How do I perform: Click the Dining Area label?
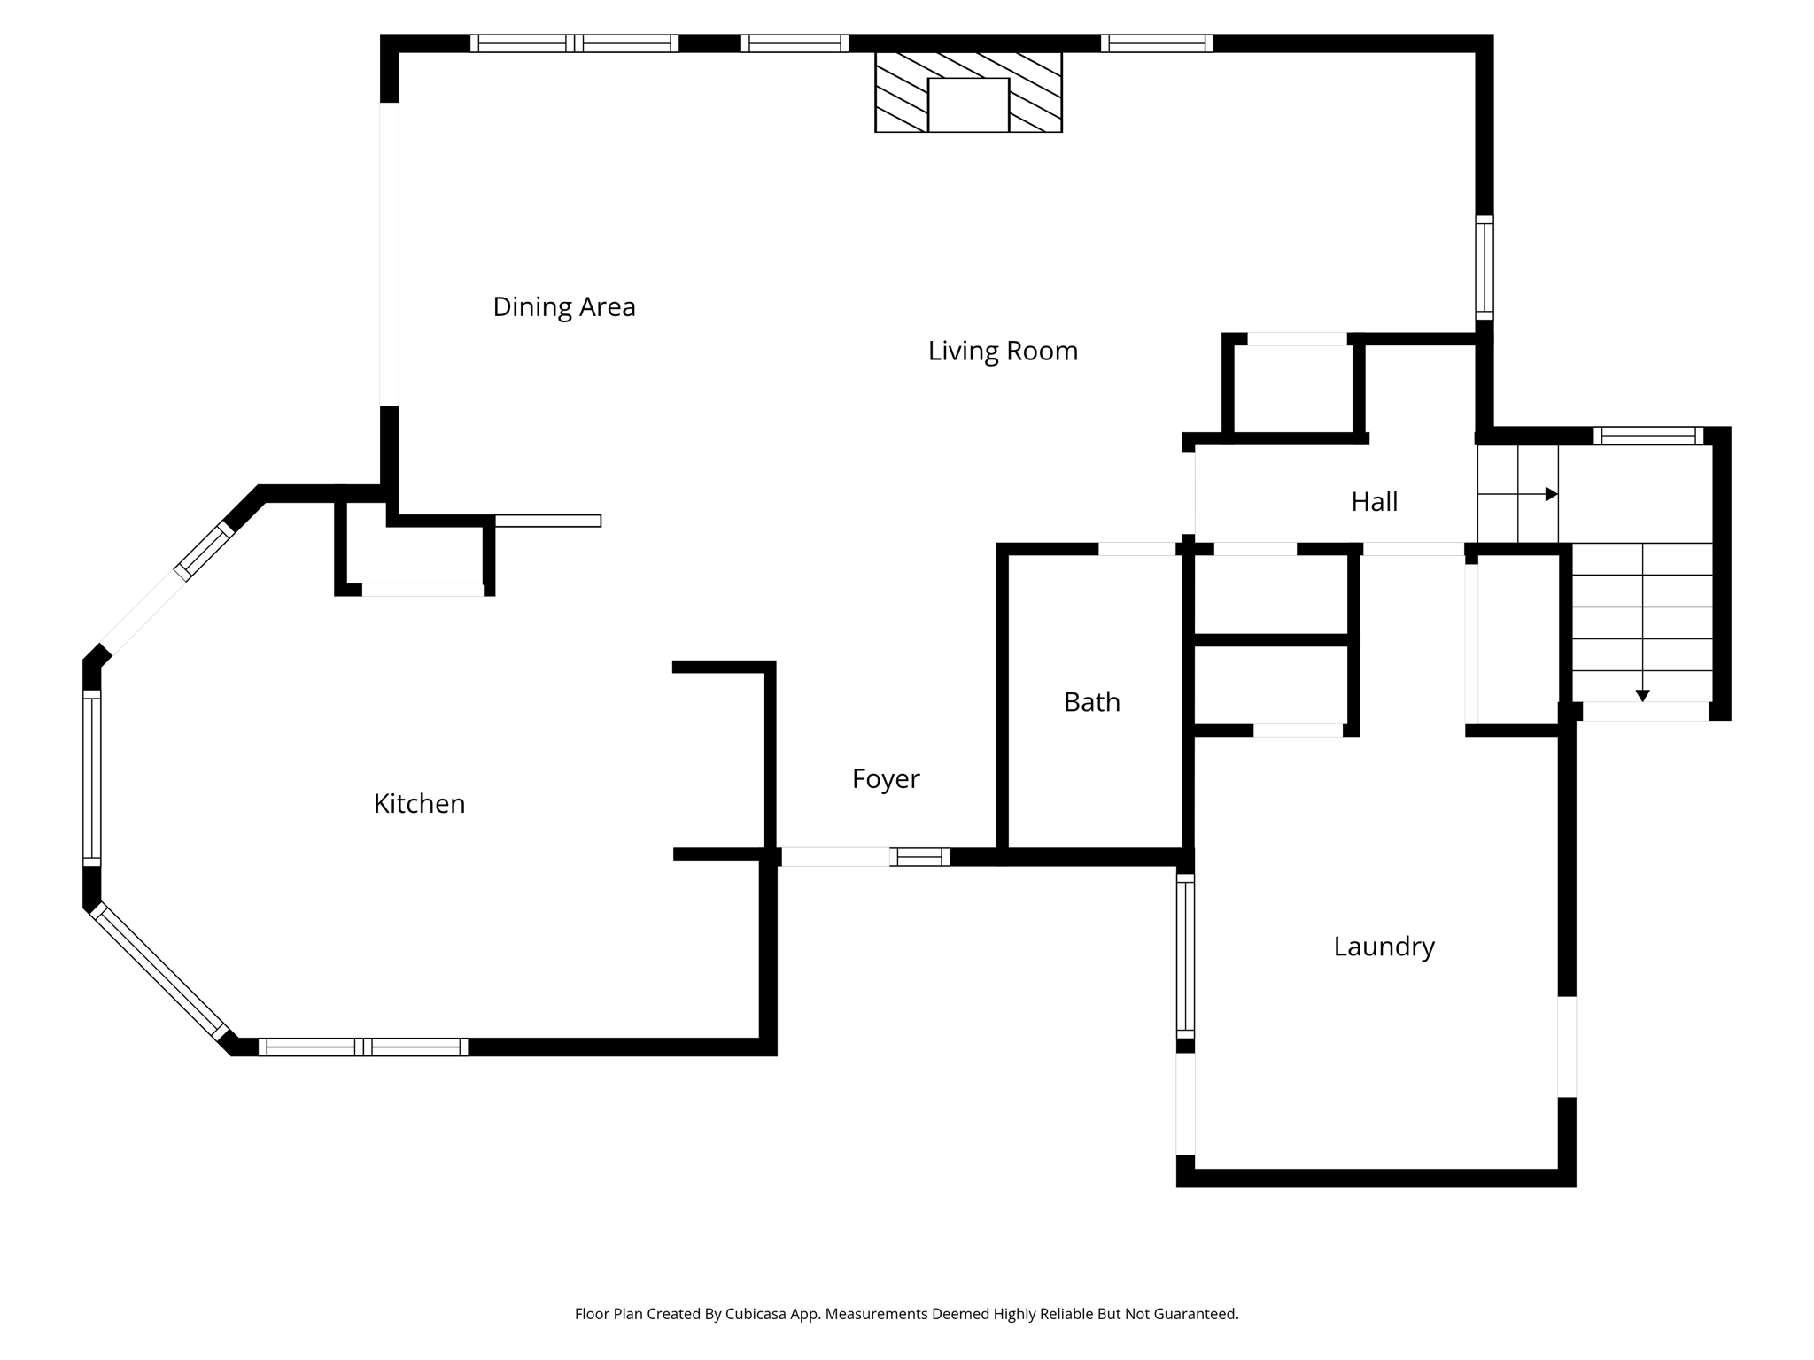(563, 307)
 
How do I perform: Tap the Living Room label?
(1002, 352)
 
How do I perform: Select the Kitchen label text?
(419, 804)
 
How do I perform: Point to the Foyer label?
(885, 779)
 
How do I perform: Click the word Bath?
(1091, 702)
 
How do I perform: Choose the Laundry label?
(1384, 947)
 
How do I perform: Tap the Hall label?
(1374, 502)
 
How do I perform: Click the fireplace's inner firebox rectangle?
(968, 104)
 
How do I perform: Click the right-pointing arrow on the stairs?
(1551, 494)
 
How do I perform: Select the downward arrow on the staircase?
(1642, 696)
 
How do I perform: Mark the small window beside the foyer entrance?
(919, 856)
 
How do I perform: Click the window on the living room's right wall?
(1484, 267)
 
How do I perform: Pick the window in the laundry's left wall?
(1185, 955)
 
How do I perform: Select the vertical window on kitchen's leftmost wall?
(91, 777)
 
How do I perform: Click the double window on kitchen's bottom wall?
(363, 1047)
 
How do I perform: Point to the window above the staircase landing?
(1647, 436)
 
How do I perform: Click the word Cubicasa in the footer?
(757, 1314)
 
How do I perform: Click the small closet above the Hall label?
(1294, 390)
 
